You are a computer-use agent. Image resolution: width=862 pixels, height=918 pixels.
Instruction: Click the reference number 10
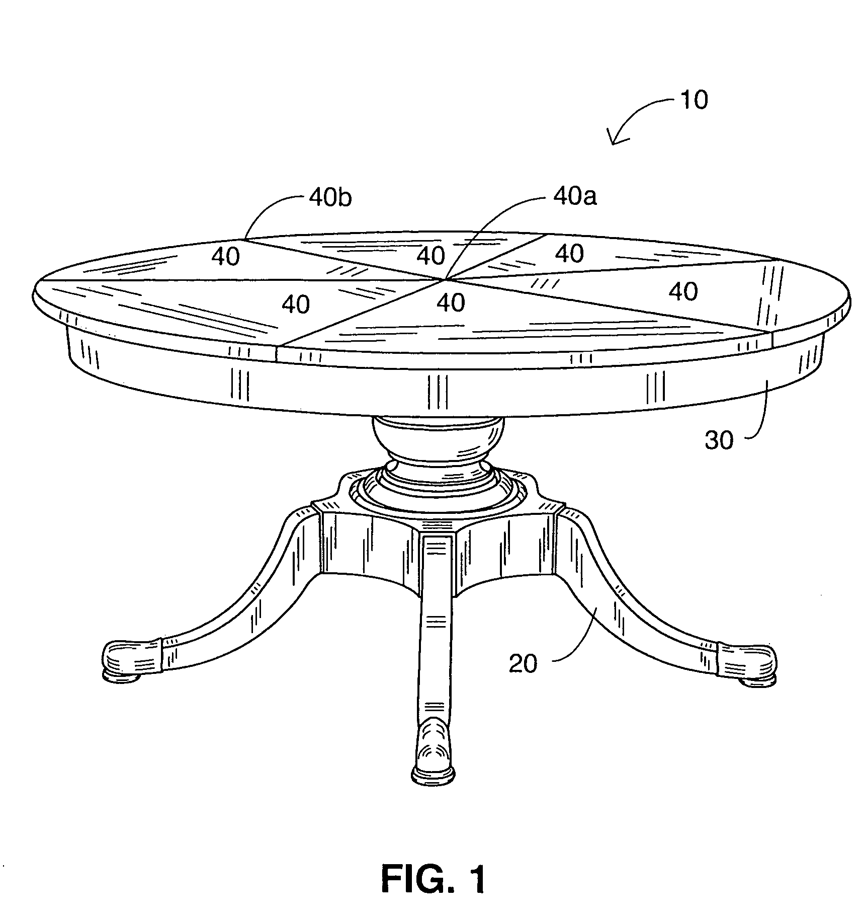[x=694, y=100]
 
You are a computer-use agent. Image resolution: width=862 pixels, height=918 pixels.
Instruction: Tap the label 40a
[x=575, y=197]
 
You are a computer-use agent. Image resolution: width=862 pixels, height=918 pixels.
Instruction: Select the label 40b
[x=330, y=198]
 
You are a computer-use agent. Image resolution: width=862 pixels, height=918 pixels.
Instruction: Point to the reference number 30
[x=719, y=440]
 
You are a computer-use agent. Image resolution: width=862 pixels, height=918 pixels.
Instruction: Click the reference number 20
[x=523, y=664]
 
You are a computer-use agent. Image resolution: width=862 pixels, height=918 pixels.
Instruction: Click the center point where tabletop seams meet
[x=445, y=278]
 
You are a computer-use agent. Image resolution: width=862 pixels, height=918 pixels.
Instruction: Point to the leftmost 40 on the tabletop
[x=225, y=257]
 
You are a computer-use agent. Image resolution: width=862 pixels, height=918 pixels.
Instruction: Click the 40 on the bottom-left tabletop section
[x=296, y=304]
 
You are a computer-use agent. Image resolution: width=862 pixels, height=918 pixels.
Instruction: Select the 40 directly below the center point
[x=451, y=302]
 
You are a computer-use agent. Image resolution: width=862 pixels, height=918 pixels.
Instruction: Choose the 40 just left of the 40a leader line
[x=431, y=256]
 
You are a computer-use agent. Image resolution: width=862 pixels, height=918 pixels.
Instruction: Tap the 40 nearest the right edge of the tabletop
[x=683, y=291]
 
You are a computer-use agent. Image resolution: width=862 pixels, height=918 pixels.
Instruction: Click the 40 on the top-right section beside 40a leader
[x=570, y=254]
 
